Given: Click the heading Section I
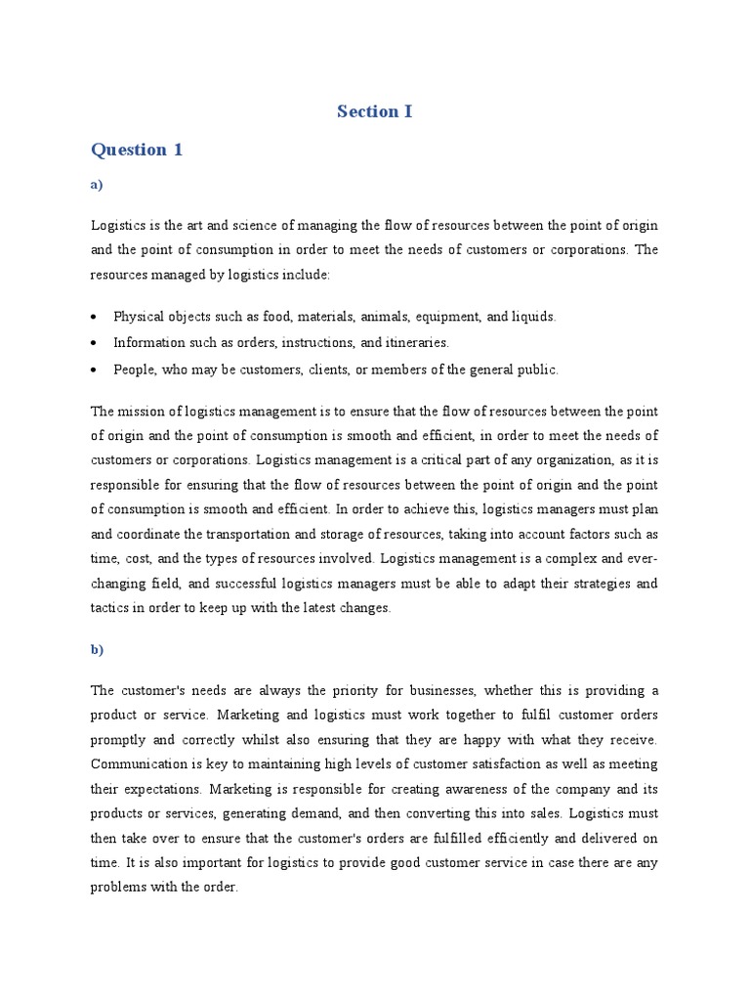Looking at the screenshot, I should click(374, 111).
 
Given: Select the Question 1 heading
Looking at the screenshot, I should click(137, 150).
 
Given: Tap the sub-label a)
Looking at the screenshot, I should click(97, 185).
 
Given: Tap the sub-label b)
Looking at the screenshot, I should click(97, 649).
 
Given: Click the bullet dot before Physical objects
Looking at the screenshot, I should click(93, 318).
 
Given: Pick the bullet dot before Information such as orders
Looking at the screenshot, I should click(93, 343).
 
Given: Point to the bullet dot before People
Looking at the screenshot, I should click(93, 370).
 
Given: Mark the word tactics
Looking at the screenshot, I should click(110, 607).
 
